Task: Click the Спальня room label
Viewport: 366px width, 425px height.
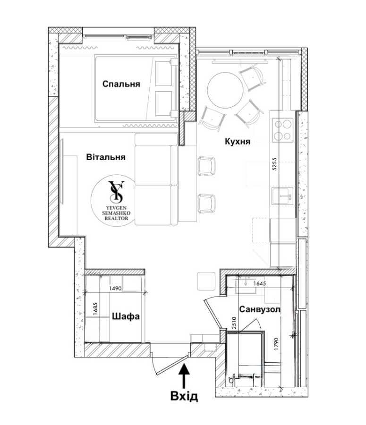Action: click(x=121, y=84)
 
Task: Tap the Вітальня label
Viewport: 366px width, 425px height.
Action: click(x=106, y=157)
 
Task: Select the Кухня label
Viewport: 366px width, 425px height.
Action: click(x=238, y=142)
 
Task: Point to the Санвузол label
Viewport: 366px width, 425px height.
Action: click(x=260, y=309)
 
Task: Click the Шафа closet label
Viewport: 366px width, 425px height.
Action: click(x=126, y=316)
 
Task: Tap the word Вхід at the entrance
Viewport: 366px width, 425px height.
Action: click(x=184, y=396)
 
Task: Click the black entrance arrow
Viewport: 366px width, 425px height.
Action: click(x=184, y=376)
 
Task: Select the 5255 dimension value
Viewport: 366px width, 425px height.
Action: click(x=275, y=164)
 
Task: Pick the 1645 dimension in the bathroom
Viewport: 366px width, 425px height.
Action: click(x=260, y=283)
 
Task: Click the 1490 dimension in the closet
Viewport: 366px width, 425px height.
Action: click(x=115, y=289)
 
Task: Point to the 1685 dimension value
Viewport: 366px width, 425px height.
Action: click(x=94, y=308)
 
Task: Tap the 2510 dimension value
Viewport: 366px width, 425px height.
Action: click(x=234, y=323)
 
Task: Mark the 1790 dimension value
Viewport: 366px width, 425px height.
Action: click(x=276, y=344)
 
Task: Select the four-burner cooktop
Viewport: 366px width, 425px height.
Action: click(x=283, y=130)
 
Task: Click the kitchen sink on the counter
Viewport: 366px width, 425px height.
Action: click(x=283, y=196)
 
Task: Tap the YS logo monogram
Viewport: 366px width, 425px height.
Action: click(x=116, y=192)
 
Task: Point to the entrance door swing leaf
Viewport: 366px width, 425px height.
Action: click(x=171, y=365)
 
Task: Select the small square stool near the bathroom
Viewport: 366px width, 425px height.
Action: click(x=206, y=281)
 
